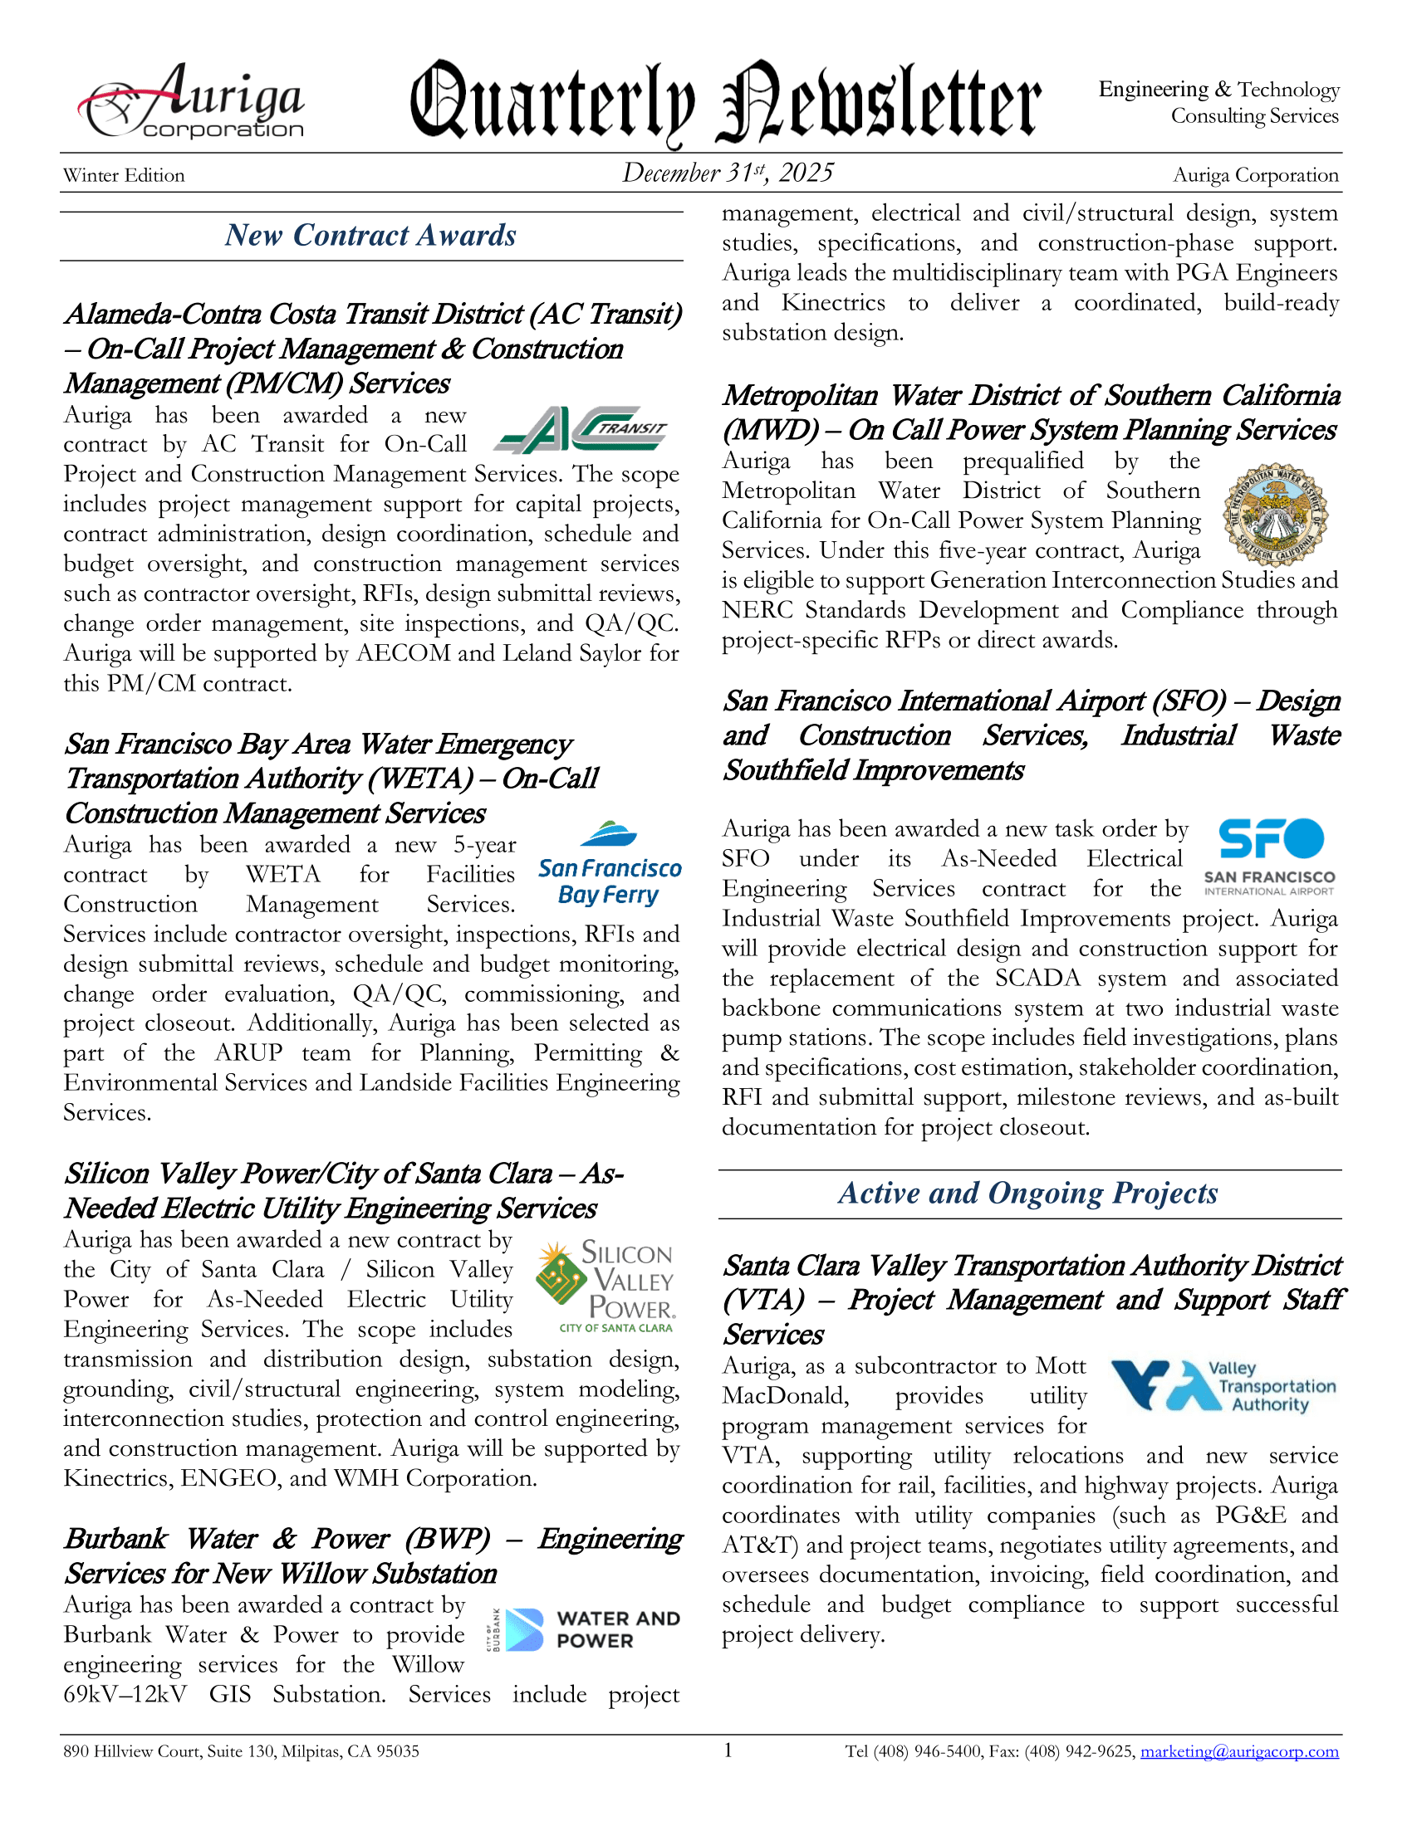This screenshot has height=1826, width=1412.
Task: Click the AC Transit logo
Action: [580, 429]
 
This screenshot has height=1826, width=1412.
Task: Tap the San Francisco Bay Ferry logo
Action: [609, 867]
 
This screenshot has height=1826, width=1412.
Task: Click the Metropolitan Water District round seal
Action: [1274, 516]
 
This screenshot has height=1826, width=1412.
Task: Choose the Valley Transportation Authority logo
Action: [1222, 1385]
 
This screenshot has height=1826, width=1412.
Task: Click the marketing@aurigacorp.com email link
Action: [1239, 1750]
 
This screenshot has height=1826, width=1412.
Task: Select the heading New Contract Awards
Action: [370, 236]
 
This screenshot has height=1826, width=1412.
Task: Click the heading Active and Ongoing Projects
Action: [1028, 1193]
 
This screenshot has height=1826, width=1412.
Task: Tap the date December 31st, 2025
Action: [727, 173]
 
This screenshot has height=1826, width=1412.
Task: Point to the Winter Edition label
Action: [124, 176]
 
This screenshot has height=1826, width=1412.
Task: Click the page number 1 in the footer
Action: [728, 1750]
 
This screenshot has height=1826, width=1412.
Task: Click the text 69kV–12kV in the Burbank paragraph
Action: [125, 1695]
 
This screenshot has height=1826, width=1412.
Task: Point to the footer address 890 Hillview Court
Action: [241, 1751]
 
